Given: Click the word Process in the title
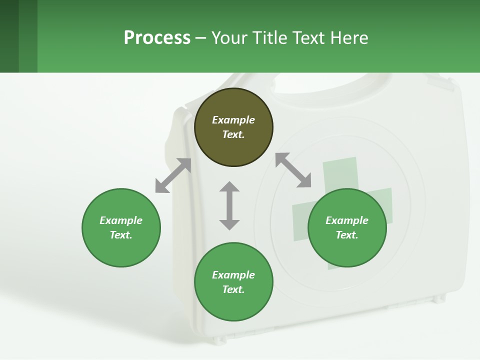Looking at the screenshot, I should coord(157,38).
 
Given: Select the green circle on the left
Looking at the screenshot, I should coord(121,245).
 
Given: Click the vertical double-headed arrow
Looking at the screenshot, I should coord(229,205).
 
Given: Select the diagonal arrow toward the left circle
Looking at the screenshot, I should coord(173,175).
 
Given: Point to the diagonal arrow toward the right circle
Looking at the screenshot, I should coord(293,170).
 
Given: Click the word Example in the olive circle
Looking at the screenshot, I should coord(233,120).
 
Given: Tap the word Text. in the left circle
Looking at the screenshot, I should coord(121,235).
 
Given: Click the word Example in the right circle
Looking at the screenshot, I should coord(347,220).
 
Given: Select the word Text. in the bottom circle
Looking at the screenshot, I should coord(233,289).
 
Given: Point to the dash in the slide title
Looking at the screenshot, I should coord(200,38).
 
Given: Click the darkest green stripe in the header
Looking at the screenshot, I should coord(9,36).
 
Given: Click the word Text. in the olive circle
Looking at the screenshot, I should coord(233,134).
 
